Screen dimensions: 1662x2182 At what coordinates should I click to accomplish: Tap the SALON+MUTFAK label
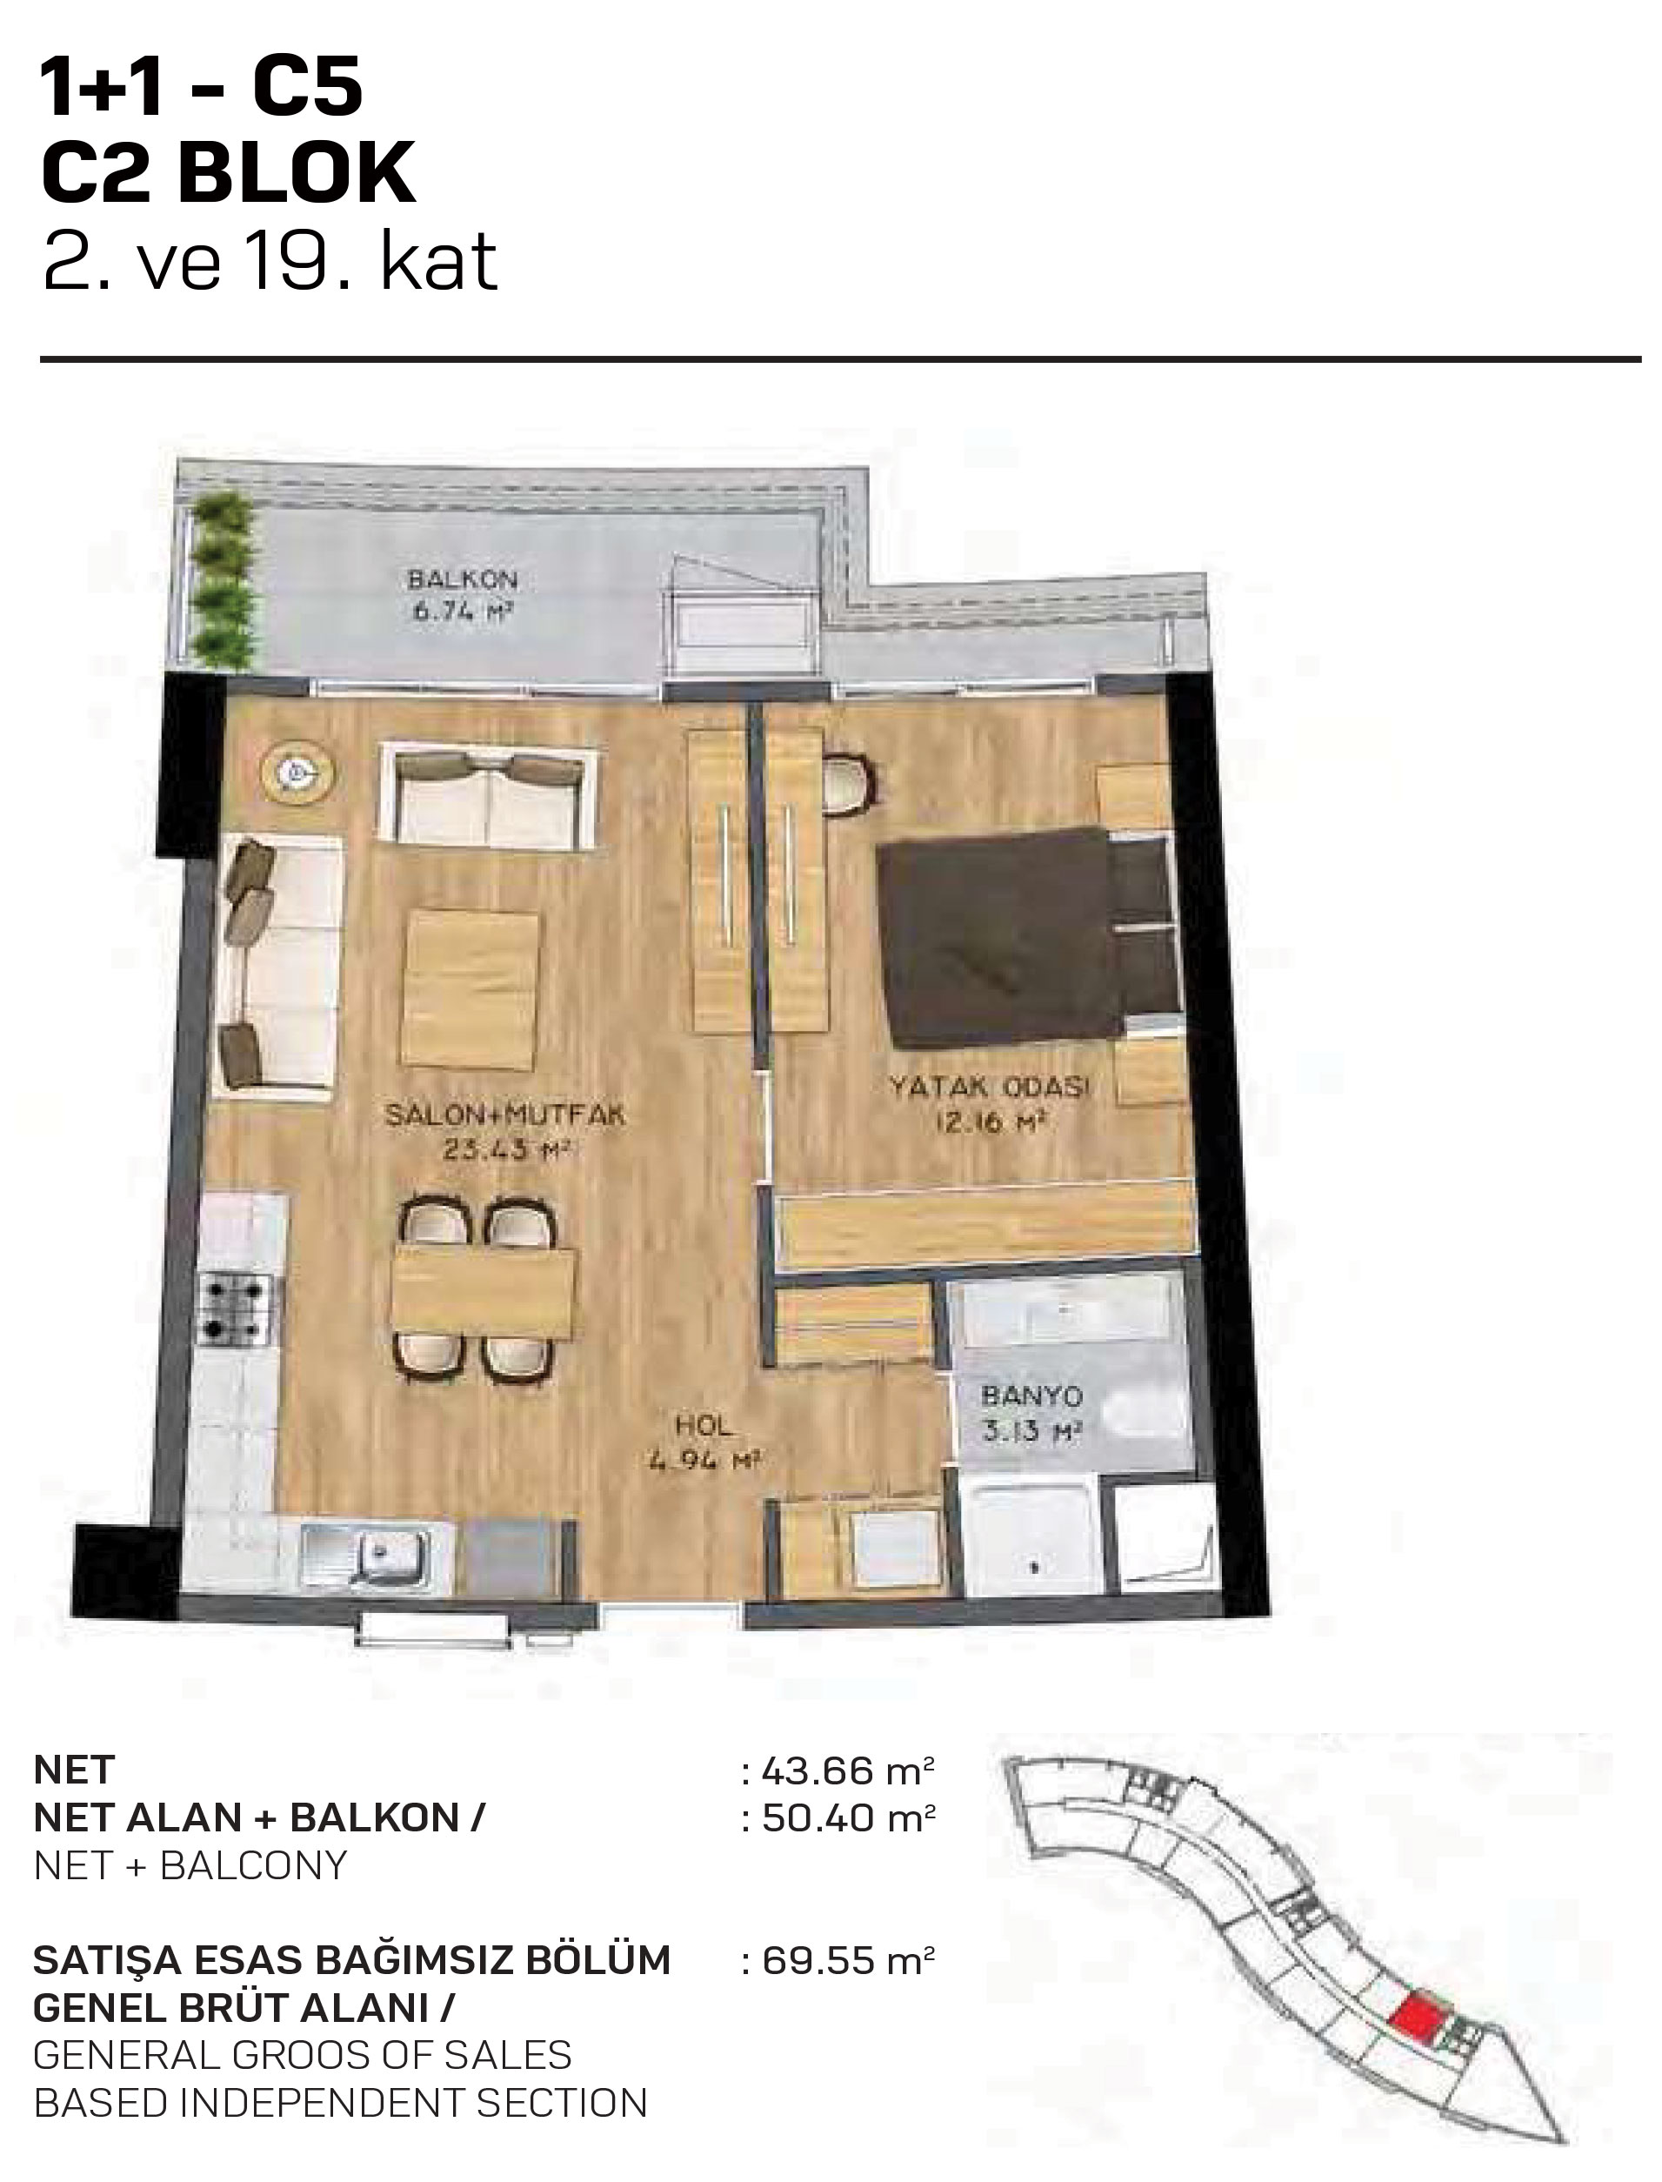[504, 1115]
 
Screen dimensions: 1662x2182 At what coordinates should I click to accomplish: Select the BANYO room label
[1031, 1396]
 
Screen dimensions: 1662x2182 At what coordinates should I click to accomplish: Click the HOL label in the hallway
[704, 1425]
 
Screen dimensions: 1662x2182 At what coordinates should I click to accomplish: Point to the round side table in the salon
[297, 773]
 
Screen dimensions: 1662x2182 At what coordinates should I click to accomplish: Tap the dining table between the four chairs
[483, 1289]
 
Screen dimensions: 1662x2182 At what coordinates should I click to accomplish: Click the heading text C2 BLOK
[229, 172]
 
